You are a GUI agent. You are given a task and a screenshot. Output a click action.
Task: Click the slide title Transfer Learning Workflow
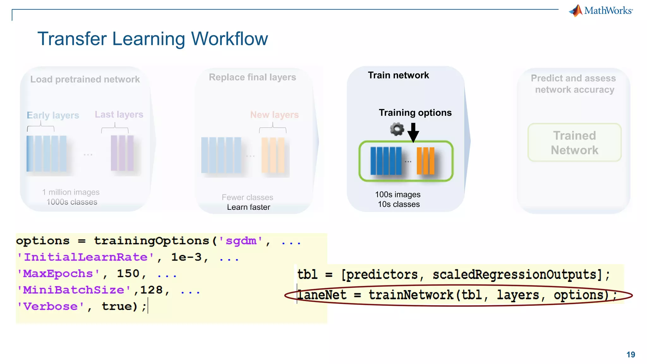(153, 39)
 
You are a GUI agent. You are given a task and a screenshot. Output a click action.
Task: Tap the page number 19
(631, 355)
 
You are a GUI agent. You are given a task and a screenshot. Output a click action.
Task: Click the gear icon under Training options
(397, 129)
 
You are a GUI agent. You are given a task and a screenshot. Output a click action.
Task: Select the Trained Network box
(574, 143)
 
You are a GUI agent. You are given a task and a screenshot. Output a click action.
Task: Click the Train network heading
(398, 75)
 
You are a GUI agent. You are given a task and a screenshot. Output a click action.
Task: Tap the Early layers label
(53, 115)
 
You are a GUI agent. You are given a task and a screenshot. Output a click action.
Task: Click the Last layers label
(119, 114)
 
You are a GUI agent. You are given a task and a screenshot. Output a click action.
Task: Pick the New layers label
(274, 115)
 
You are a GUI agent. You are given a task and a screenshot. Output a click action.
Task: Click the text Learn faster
(249, 207)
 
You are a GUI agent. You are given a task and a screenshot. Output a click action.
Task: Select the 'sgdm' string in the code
(241, 241)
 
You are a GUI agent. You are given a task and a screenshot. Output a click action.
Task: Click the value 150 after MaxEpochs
(128, 274)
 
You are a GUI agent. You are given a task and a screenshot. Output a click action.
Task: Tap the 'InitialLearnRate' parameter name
(85, 257)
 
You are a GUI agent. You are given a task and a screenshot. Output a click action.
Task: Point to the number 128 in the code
(151, 290)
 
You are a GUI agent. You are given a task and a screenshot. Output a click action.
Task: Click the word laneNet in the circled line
(322, 295)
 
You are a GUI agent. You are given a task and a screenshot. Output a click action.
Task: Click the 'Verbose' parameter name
(51, 306)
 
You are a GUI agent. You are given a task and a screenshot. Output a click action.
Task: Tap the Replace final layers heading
(252, 77)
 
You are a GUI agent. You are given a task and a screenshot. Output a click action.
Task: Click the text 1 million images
(71, 192)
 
